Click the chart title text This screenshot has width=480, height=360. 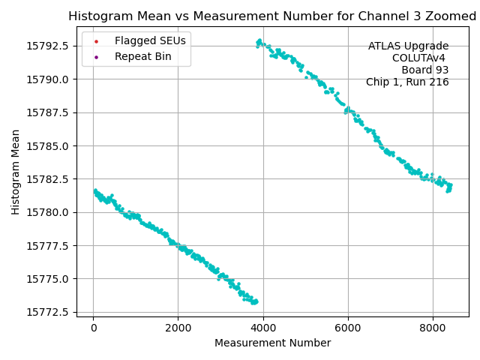(272, 16)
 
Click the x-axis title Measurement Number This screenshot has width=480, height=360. (272, 343)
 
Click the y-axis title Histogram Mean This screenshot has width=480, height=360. (16, 172)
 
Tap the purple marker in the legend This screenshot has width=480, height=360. (96, 56)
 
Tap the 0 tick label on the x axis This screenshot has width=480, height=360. (93, 328)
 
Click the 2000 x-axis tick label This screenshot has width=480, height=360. (178, 328)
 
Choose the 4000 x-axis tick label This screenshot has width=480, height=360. (262, 328)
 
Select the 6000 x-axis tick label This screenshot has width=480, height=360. (347, 328)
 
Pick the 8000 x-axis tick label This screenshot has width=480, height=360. (432, 328)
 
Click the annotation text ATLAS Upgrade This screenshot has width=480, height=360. (408, 46)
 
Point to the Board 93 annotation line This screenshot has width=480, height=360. (424, 70)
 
